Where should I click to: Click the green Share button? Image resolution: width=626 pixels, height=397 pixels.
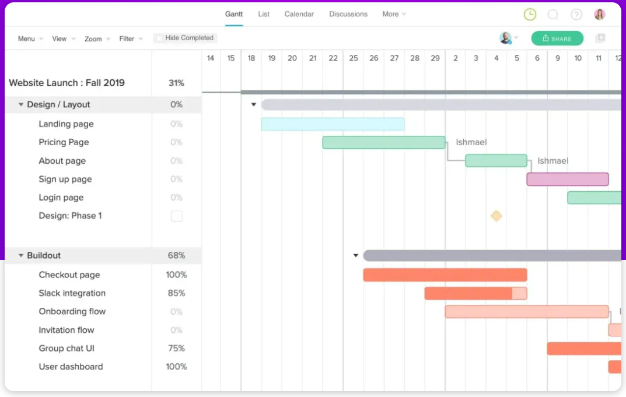coord(557,38)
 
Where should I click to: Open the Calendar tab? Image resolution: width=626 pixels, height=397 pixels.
coord(299,14)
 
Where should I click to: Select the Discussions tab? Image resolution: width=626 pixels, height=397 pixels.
coord(348,14)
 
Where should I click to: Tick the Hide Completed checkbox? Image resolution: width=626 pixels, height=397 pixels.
coord(159,38)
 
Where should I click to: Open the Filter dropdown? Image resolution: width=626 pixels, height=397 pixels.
coord(131,39)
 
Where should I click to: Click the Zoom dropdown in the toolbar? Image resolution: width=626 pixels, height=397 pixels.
coord(97,39)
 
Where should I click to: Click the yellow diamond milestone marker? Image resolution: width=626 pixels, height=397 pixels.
coord(496,216)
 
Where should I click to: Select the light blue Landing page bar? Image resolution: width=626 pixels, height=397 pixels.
coord(333,124)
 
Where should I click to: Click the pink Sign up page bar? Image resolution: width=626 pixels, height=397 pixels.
coord(567,179)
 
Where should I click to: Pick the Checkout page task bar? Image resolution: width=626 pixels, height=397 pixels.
coord(445,275)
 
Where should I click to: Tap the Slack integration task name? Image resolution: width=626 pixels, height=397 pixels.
coord(72,293)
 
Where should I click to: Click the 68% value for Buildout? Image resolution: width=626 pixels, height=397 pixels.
coord(176,255)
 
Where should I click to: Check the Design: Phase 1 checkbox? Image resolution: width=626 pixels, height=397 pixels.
coord(176,216)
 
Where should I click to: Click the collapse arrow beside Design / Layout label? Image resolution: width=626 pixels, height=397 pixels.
coord(21,105)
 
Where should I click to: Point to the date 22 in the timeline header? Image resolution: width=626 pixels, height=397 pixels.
coord(333,58)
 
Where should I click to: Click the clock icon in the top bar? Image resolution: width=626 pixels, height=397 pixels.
coord(530,15)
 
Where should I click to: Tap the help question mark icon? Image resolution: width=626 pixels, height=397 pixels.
coord(576,15)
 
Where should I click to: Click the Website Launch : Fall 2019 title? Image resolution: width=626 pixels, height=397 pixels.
coord(67,83)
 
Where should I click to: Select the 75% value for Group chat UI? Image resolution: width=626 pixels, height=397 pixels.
coord(176,349)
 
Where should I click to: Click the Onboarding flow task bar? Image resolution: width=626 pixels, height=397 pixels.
coord(526,312)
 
